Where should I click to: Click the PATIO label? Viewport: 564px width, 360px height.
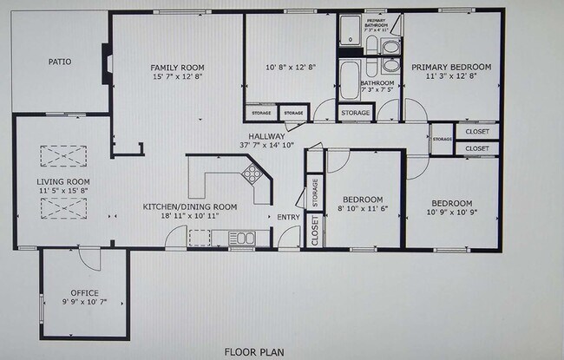pos(59,62)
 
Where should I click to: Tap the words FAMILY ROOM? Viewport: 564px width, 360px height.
pos(176,67)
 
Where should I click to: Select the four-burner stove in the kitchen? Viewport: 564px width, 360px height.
pos(252,173)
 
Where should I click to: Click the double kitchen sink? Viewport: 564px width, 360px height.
pos(240,238)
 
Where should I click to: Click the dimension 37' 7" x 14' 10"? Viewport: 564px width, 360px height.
pos(267,145)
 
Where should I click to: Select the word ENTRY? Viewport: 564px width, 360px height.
pos(287,217)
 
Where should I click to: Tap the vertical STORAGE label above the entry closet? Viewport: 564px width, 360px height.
pos(314,192)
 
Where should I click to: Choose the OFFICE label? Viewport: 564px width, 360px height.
pos(85,292)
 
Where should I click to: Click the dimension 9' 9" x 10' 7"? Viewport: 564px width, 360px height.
pos(85,302)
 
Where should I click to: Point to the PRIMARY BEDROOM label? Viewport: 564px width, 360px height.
pos(451,67)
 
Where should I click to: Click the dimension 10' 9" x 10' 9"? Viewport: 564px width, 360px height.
pos(451,211)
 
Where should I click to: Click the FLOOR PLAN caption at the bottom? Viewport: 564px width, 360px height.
pos(253,352)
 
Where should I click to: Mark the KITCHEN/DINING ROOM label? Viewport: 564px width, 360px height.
pos(190,206)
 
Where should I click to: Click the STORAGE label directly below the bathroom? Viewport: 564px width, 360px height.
pos(355,114)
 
